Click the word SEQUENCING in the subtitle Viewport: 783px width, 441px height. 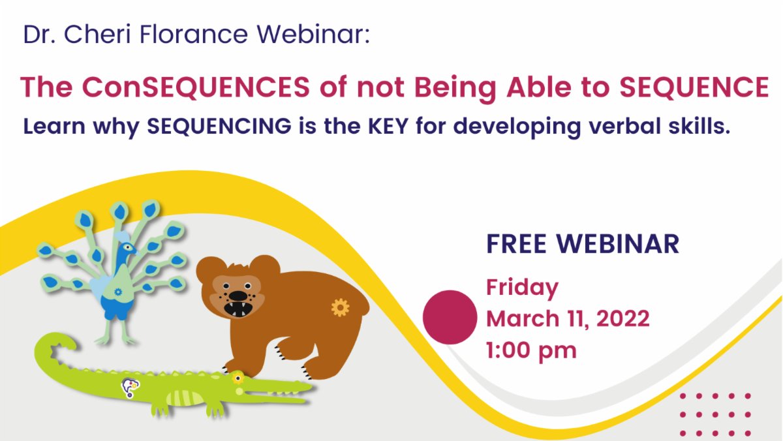[x=219, y=127]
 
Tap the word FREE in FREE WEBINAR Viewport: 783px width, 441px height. [x=519, y=244]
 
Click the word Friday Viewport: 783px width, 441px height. [x=523, y=288]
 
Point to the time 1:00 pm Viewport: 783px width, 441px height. [x=531, y=350]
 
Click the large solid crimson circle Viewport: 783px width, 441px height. [x=450, y=317]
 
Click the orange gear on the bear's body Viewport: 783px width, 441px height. [x=340, y=307]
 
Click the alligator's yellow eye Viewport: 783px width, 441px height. [x=239, y=378]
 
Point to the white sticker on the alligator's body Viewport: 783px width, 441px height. [x=130, y=388]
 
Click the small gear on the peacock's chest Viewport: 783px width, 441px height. [x=118, y=292]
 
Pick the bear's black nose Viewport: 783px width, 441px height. [x=238, y=294]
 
